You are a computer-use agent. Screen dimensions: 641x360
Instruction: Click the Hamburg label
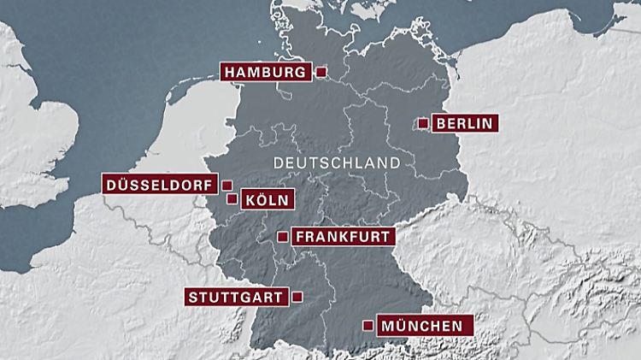(x=266, y=73)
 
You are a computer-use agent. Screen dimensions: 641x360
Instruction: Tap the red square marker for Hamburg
(x=321, y=73)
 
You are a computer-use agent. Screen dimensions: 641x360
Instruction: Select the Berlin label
(x=464, y=123)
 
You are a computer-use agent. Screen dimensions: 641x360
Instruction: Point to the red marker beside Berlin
(x=422, y=123)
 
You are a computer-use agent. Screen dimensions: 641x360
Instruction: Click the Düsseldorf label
(x=160, y=184)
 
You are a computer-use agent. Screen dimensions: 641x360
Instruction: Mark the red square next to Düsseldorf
(x=226, y=184)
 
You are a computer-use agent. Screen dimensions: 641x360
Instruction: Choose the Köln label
(x=268, y=200)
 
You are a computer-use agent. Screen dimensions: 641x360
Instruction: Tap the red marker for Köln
(x=232, y=199)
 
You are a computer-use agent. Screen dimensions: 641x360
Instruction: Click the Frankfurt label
(x=343, y=237)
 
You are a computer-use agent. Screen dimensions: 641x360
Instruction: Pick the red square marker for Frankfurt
(x=283, y=237)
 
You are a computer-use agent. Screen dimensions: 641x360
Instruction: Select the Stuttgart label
(x=236, y=298)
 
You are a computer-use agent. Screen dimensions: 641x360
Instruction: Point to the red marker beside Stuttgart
(x=297, y=297)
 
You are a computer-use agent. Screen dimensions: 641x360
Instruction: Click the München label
(x=422, y=326)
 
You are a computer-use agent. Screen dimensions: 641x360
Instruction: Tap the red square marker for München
(x=368, y=325)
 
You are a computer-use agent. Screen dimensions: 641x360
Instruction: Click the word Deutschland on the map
(x=335, y=162)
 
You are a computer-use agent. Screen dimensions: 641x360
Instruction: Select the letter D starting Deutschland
(x=275, y=162)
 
